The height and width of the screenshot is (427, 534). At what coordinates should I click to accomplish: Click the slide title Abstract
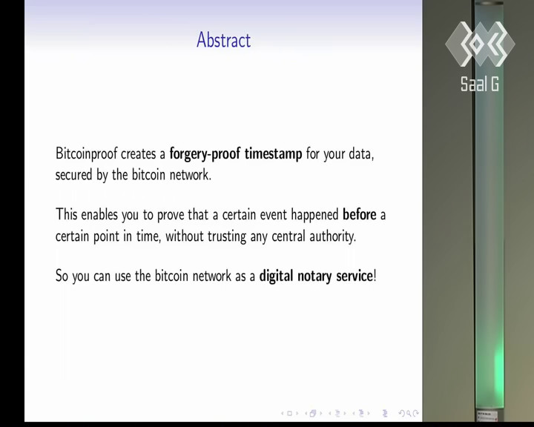[224, 40]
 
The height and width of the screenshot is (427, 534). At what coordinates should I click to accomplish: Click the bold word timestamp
[273, 154]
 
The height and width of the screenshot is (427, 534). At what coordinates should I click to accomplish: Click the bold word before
[359, 215]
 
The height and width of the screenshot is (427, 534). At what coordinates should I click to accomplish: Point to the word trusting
[227, 236]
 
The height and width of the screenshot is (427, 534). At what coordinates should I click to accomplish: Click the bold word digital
[276, 277]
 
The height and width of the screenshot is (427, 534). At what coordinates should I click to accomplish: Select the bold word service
[355, 277]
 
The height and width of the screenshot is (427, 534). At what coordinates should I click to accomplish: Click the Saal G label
[480, 84]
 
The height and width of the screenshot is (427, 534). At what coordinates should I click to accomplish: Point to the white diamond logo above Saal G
[480, 44]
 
